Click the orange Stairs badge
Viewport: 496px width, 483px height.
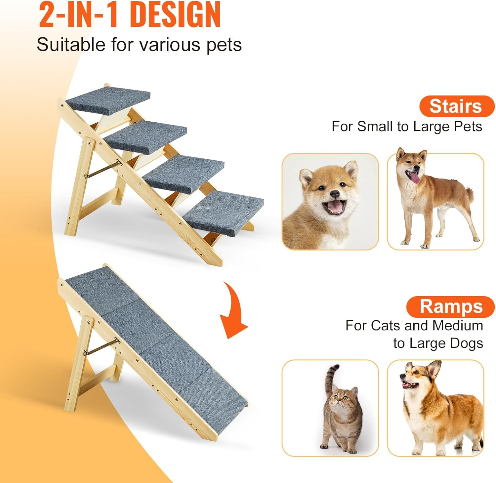(x=456, y=106)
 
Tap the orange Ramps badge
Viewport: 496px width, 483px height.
(x=450, y=306)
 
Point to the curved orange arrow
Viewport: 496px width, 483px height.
(x=233, y=314)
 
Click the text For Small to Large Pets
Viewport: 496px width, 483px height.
(x=407, y=127)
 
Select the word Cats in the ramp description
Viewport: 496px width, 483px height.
(x=386, y=326)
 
